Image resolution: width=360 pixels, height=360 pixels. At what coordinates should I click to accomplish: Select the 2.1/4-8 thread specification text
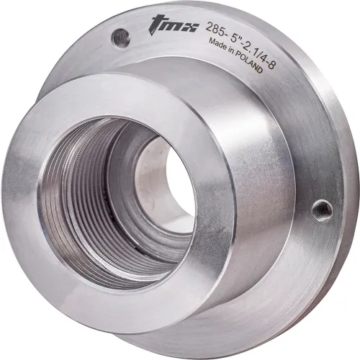point(258,53)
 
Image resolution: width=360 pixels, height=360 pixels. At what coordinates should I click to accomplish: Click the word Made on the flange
point(217,45)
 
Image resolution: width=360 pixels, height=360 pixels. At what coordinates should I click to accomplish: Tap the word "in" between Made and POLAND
point(230,50)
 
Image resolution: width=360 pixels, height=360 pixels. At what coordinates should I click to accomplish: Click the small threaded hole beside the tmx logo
point(121,37)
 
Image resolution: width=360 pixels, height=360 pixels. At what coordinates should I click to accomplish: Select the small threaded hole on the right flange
point(323,207)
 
